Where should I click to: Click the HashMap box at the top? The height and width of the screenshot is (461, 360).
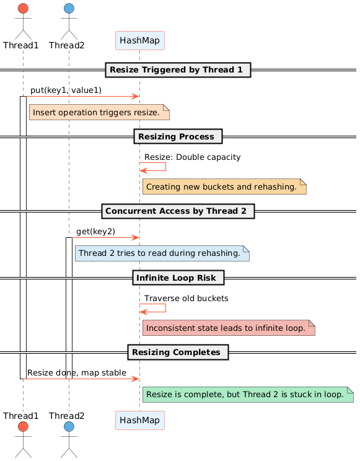coord(140,40)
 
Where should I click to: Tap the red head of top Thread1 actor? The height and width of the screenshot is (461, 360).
coord(23,9)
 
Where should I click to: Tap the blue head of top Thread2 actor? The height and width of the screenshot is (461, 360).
coord(69,9)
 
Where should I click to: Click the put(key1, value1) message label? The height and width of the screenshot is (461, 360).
coord(66,90)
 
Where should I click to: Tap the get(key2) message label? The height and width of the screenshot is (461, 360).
coord(95,231)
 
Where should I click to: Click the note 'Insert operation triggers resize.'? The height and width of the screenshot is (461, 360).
coord(99,112)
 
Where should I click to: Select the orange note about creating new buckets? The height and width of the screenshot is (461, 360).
coord(224,187)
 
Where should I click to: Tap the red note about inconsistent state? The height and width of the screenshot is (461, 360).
coord(229,328)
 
